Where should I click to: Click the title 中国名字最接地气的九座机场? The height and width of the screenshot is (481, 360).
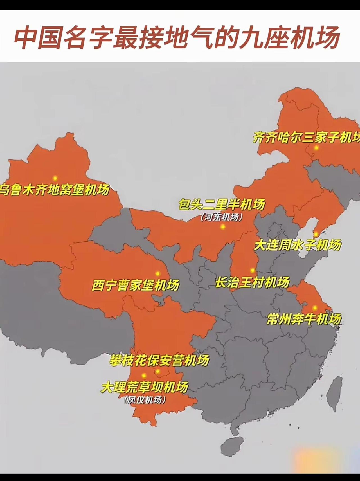177,37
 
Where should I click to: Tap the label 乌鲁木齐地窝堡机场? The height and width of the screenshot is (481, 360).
55,190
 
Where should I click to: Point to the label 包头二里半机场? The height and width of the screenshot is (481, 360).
222,204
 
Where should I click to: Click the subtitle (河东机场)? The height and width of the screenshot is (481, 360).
222,217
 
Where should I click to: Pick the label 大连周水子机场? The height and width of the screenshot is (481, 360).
298,245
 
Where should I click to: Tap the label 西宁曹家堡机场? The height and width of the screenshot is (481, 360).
136,285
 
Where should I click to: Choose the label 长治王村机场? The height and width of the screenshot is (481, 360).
252,282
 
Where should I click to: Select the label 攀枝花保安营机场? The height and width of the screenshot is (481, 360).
159,361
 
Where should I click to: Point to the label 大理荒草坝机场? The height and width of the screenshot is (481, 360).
145,387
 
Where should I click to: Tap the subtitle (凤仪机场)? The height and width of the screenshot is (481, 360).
145,400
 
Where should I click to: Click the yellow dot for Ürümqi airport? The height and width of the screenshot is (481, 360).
55,178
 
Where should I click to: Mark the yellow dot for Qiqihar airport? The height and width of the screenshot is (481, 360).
316,148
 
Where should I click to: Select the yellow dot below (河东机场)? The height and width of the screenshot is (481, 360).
223,226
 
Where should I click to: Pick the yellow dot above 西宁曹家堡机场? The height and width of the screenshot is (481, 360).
157,273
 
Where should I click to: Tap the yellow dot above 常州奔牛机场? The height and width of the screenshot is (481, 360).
315,308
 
